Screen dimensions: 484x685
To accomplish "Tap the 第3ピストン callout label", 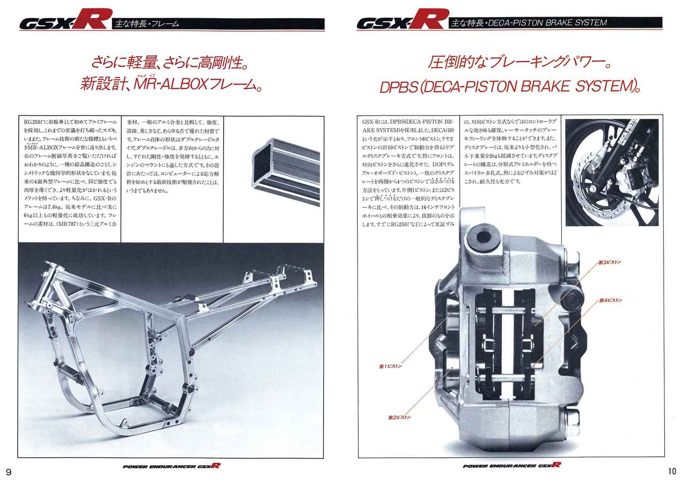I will (610, 262).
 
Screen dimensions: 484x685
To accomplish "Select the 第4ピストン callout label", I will (611, 301).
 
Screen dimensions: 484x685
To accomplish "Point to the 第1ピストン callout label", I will (390, 367).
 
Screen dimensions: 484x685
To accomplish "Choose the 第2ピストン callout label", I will (399, 417).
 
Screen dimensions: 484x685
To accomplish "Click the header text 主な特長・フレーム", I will (147, 24).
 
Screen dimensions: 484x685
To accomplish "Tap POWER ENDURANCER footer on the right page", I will (512, 466).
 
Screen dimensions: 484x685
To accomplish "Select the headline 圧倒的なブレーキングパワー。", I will (519, 63).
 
